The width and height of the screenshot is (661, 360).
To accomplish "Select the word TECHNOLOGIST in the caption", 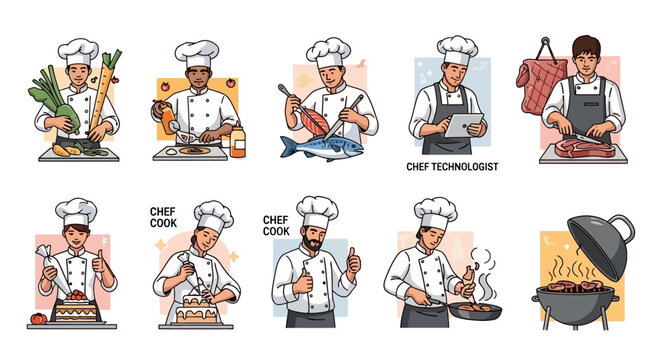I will coord(472,167).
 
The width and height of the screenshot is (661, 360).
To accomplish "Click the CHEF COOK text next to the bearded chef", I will coord(277,226).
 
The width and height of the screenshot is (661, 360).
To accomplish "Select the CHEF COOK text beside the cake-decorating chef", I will coord(163,217).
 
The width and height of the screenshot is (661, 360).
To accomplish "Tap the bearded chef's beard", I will coord(315,246).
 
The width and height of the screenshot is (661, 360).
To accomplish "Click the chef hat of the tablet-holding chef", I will coord(457,48).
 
